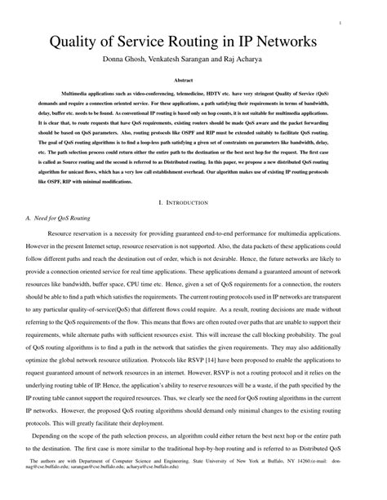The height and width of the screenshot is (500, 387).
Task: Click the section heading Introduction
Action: (193, 201)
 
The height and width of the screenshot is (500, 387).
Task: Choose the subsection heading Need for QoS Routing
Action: (60, 219)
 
